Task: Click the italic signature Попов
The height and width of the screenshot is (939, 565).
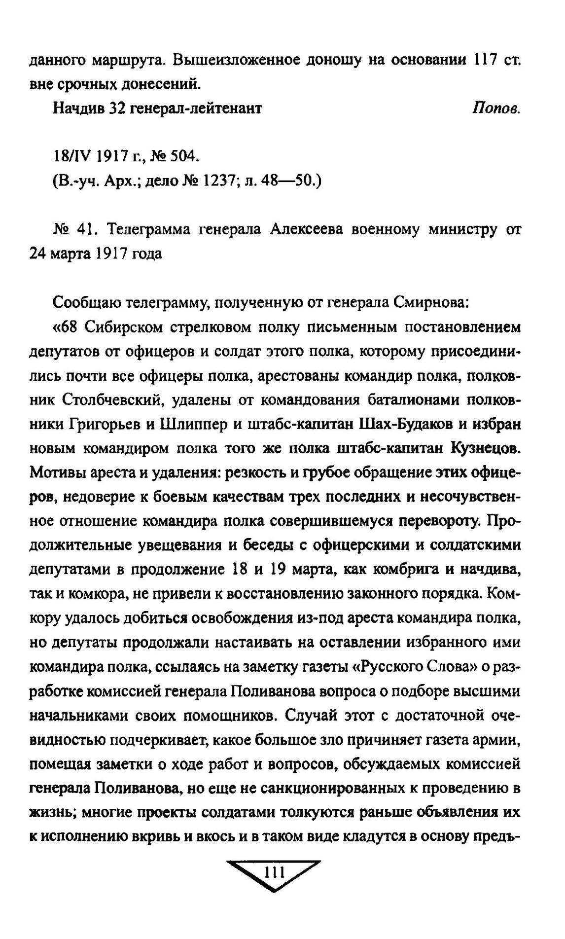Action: pos(496,109)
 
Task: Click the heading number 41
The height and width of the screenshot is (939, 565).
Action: pos(87,230)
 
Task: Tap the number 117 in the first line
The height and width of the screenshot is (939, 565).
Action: pos(487,60)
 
